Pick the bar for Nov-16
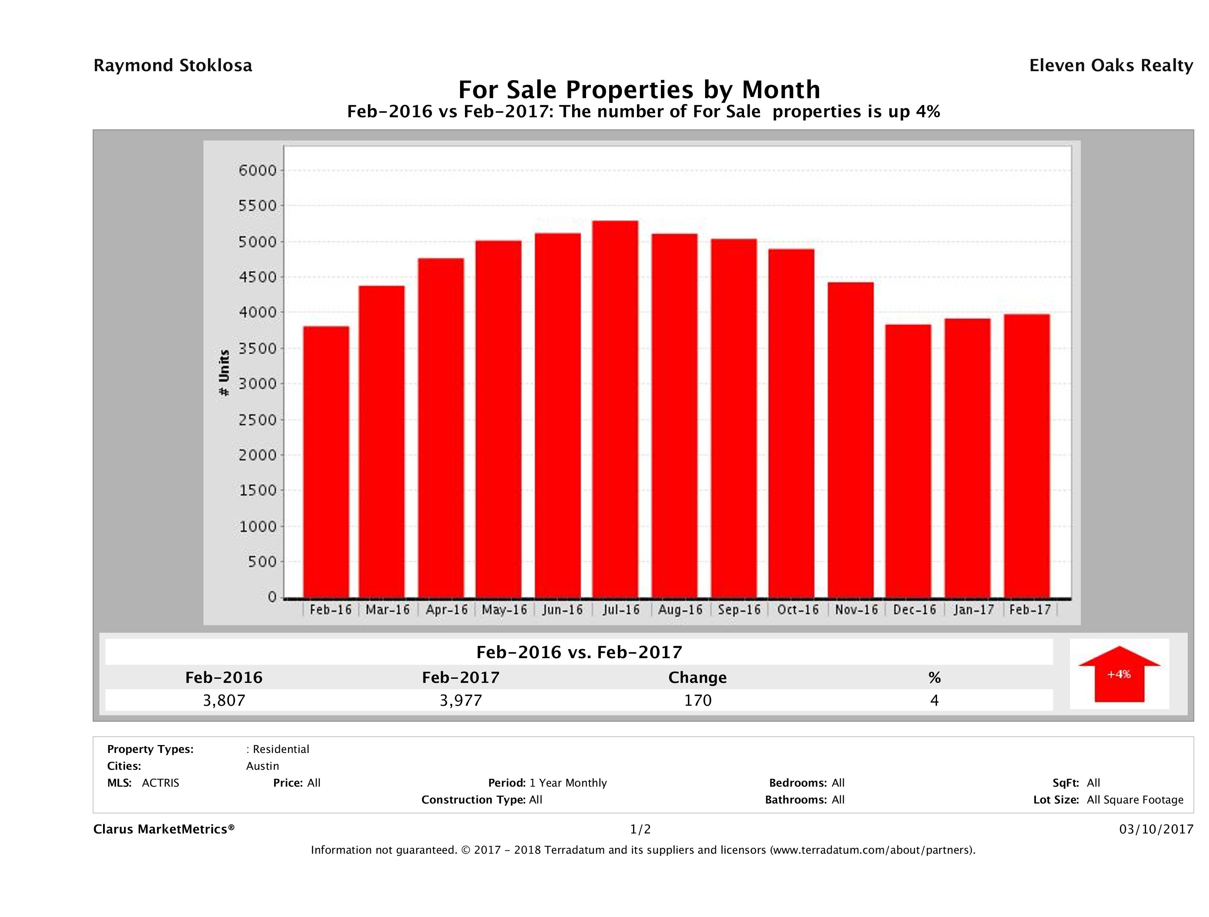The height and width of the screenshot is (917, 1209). (850, 440)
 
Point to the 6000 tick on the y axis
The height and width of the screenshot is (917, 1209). (257, 170)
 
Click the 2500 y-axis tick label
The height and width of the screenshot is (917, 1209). (257, 420)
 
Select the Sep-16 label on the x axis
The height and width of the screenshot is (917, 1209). (739, 610)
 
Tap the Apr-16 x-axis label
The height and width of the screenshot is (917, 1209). (447, 610)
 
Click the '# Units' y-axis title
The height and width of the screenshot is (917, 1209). (224, 373)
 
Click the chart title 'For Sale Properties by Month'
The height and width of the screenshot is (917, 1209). (639, 89)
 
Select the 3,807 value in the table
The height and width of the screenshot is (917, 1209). (224, 700)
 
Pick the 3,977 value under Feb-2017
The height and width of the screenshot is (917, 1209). (461, 700)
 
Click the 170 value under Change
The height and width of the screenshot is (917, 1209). (698, 700)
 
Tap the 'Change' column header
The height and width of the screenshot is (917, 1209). (698, 678)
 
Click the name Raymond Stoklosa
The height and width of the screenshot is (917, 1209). (173, 66)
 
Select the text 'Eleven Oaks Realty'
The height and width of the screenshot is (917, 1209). (1110, 66)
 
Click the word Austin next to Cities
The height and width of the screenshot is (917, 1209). (262, 766)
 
